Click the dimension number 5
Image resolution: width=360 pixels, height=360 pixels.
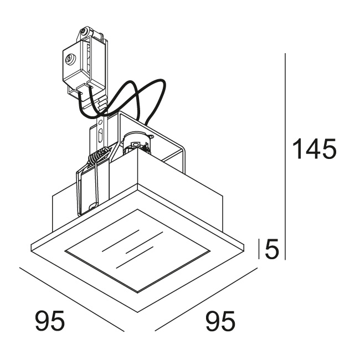pos(271,249)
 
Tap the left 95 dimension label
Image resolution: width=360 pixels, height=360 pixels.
pos(50,321)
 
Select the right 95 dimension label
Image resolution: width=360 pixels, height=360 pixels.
pos(220,321)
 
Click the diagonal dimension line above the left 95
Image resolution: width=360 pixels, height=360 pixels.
pos(72,300)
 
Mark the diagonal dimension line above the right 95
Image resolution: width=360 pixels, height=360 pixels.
pos(205,300)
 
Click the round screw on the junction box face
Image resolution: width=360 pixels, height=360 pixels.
pos(70,57)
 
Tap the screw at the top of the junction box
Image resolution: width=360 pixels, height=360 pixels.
pos(85,34)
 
